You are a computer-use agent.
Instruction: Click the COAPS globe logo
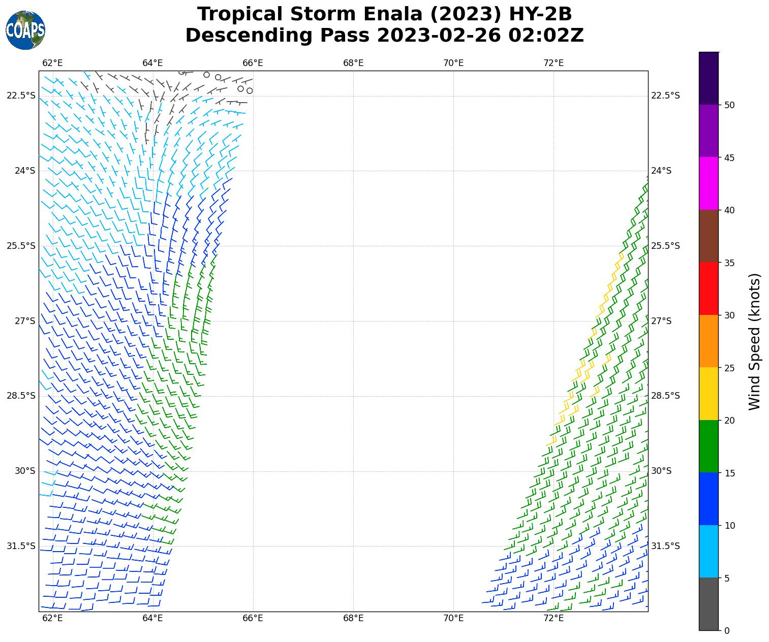pos(25,30)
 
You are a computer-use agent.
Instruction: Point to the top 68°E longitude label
pos(353,63)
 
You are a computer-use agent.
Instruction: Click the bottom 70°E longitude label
pos(453,618)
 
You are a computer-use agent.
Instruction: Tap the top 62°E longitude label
pos(52,63)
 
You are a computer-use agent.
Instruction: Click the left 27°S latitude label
pos(25,321)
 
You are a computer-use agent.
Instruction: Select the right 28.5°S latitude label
pos(665,396)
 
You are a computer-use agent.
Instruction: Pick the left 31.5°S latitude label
pos(21,546)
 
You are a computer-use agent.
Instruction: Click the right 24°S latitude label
pos(661,171)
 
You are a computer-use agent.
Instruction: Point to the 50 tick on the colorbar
pos(729,105)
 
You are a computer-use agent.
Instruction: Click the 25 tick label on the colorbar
pos(729,368)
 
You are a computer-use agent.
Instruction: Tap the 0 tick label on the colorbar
pos(727,631)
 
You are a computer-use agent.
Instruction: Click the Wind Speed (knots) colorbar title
pos(755,341)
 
